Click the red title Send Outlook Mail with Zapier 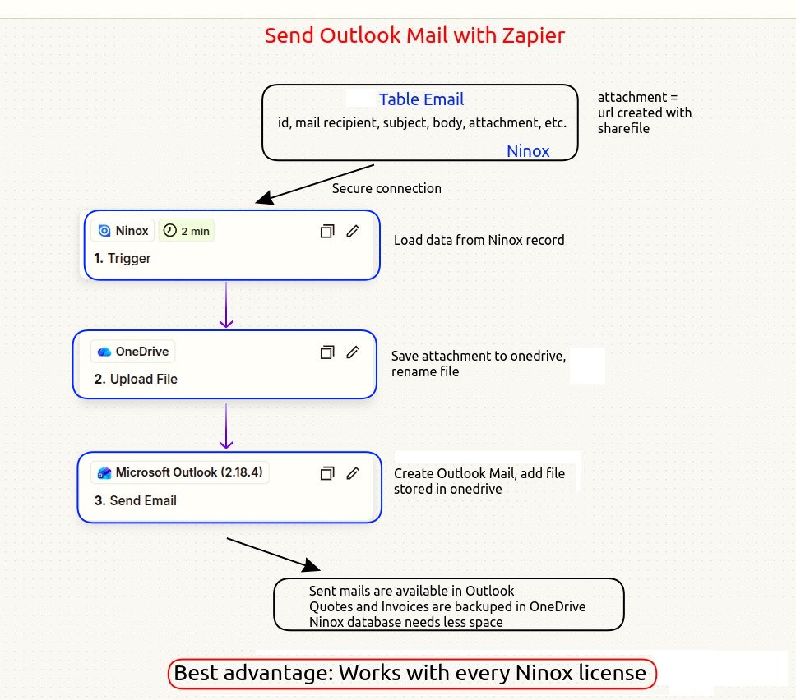click(x=414, y=36)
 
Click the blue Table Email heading click(x=421, y=99)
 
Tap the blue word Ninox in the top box click(x=528, y=151)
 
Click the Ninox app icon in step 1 click(x=104, y=232)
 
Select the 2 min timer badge click(x=187, y=232)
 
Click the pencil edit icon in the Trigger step click(x=353, y=231)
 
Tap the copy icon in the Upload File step click(x=326, y=352)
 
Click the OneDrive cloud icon click(x=104, y=352)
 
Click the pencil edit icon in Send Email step click(x=353, y=473)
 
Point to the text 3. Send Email click(x=135, y=500)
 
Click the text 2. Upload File click(x=136, y=379)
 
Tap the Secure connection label click(x=386, y=188)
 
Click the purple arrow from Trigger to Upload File click(x=226, y=305)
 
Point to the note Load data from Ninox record click(x=479, y=241)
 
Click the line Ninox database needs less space click(x=405, y=622)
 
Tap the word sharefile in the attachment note click(x=623, y=128)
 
